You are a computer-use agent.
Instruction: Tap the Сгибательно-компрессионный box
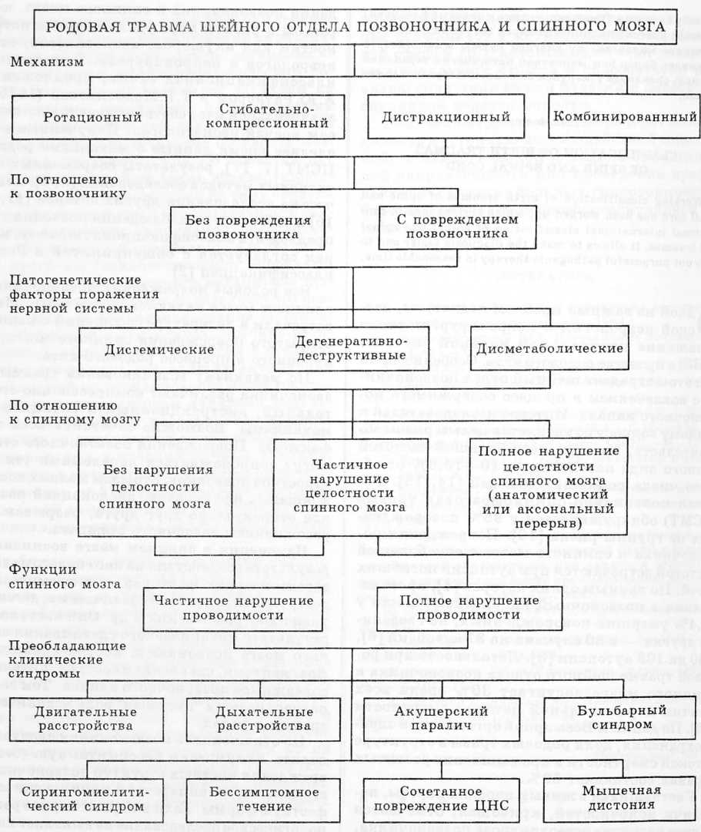click(x=262, y=116)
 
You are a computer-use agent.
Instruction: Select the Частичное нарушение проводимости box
click(x=214, y=607)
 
